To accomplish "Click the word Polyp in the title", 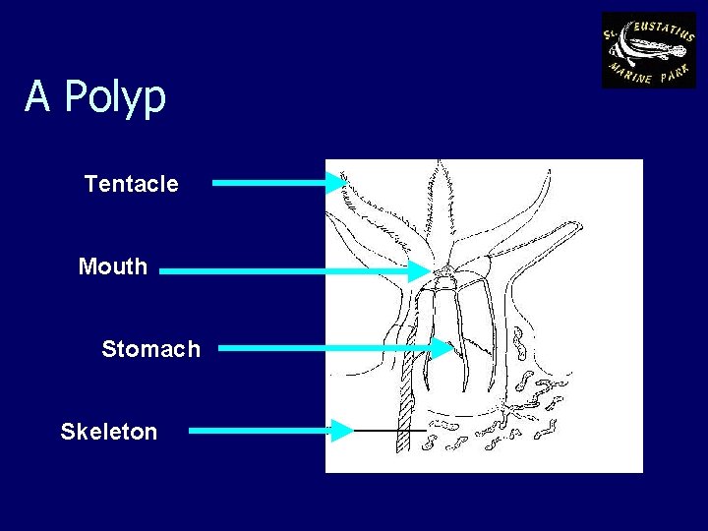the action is click(x=115, y=97).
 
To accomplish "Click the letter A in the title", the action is click(x=37, y=96).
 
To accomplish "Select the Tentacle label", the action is click(x=131, y=184).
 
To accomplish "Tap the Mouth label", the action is click(x=112, y=266).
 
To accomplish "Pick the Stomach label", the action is click(x=150, y=349).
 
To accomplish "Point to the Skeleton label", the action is click(x=108, y=432).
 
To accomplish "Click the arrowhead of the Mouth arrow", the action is click(x=422, y=270).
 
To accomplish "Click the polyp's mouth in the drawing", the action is click(x=445, y=268).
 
